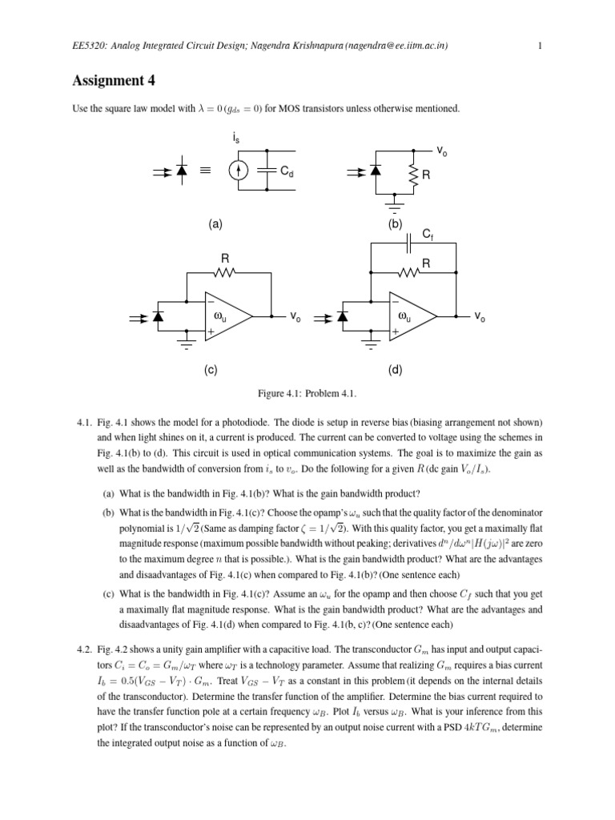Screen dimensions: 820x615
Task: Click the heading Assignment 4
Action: (x=112, y=80)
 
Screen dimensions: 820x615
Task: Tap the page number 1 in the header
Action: (x=541, y=46)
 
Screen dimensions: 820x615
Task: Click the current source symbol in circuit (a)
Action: (x=237, y=171)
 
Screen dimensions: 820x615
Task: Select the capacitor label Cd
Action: (x=287, y=171)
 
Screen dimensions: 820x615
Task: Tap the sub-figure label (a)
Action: (x=215, y=225)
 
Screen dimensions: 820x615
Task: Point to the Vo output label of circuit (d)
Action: (x=480, y=317)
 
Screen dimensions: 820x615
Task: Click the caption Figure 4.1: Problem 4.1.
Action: (x=307, y=394)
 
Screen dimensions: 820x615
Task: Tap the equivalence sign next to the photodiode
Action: (x=206, y=171)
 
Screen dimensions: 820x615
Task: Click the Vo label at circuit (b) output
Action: (x=442, y=150)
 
